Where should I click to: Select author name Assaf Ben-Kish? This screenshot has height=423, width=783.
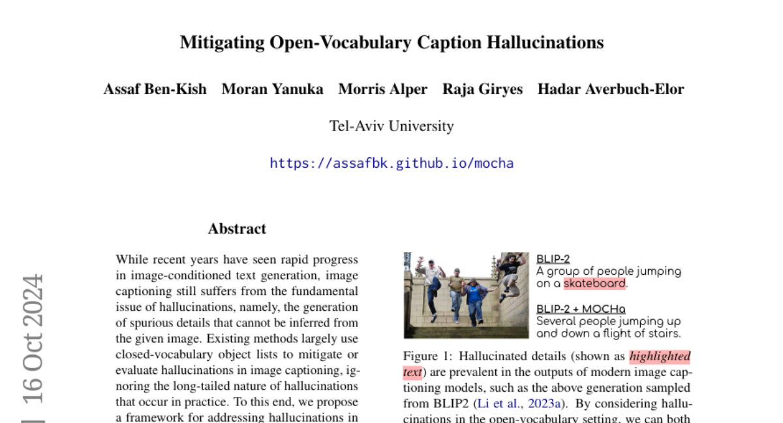point(155,89)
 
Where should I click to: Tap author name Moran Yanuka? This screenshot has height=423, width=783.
point(272,89)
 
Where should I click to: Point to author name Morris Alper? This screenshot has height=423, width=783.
point(382,89)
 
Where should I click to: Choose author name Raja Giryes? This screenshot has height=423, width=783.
point(482,89)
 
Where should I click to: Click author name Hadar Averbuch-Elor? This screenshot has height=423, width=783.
point(610,89)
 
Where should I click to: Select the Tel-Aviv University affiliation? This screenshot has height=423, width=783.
point(391,126)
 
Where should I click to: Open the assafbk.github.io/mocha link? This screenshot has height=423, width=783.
point(391,163)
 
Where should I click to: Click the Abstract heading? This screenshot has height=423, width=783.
point(237,229)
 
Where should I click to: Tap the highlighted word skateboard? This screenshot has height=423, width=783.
point(594,283)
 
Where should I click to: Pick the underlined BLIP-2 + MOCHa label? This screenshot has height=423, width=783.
point(581,309)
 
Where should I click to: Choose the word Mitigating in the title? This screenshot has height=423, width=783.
point(223,43)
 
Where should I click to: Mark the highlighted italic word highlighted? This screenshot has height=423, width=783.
point(660,356)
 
